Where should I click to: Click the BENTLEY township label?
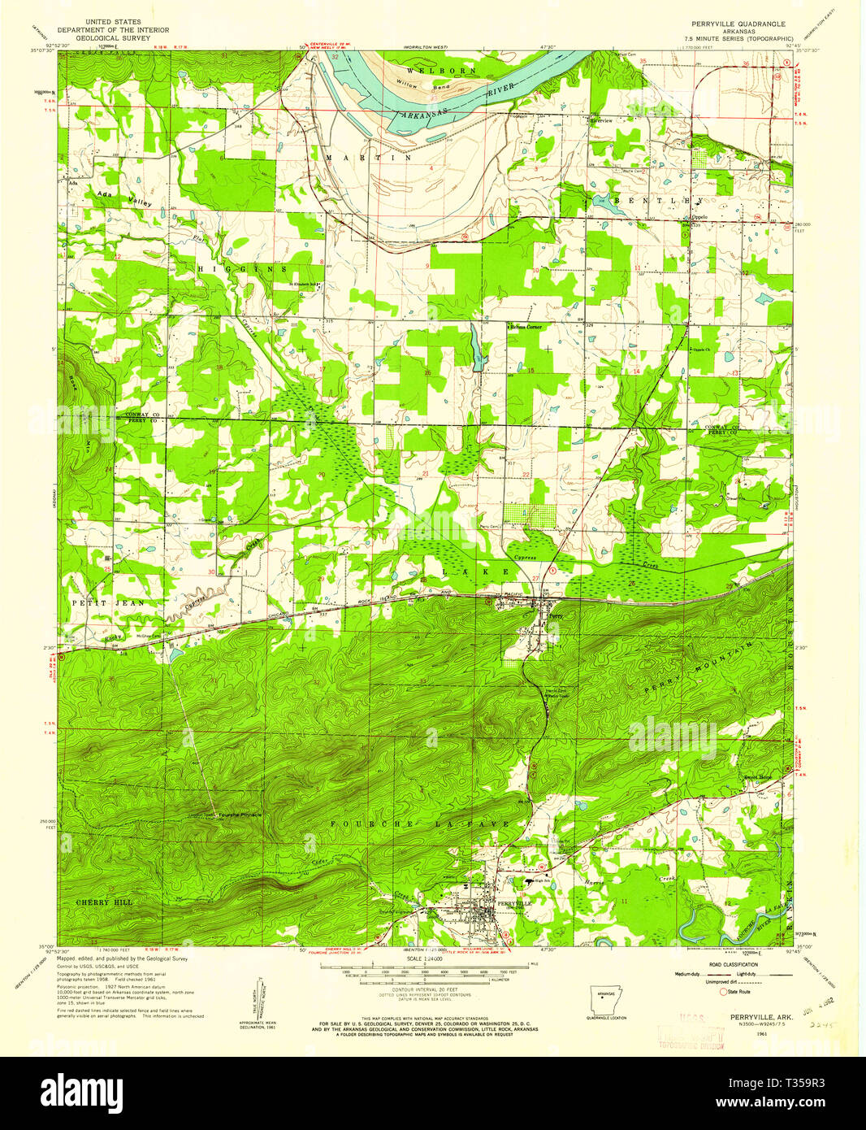pyautogui.click(x=659, y=200)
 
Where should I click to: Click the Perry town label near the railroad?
pyautogui.click(x=555, y=616)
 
